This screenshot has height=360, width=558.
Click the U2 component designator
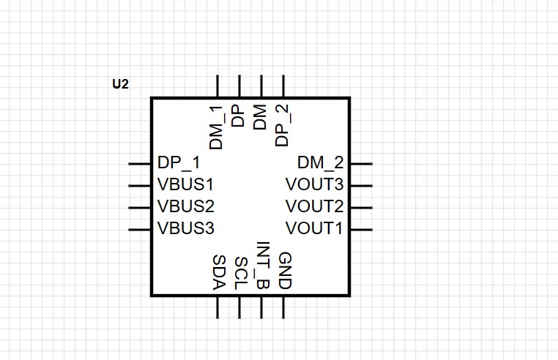(120, 84)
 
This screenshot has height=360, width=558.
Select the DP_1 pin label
(179, 163)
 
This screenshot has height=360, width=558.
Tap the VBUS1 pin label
(185, 184)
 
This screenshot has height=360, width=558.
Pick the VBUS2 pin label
(186, 206)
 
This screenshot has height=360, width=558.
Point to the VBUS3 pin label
(186, 228)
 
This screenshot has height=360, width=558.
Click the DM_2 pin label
(320, 163)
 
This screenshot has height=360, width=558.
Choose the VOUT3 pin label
(314, 184)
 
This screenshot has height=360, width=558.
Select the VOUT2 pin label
(314, 206)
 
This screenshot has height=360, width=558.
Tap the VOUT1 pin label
(314, 228)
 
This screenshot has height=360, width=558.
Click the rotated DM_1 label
(216, 127)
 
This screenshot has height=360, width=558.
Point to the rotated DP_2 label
(283, 125)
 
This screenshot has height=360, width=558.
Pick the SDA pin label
(219, 272)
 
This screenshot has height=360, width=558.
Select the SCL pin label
(241, 273)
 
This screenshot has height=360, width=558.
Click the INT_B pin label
(263, 266)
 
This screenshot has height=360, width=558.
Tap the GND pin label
(285, 271)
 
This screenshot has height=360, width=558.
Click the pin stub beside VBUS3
(139, 230)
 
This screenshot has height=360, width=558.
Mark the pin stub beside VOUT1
(362, 230)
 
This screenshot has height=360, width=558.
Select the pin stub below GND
(283, 307)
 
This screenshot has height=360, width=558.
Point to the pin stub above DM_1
(217, 86)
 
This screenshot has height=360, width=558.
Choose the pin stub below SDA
(217, 307)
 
